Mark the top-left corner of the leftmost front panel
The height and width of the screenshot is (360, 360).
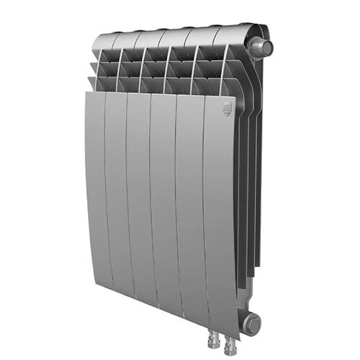[x=84, y=92]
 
